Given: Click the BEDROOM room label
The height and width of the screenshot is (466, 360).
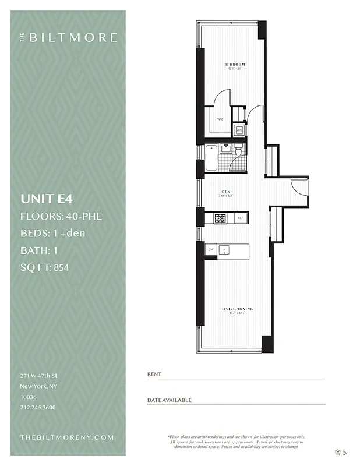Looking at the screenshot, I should click(236, 64).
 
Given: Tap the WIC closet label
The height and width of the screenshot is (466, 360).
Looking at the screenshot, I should click(220, 119).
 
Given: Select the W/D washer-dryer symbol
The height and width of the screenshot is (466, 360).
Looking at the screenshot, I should click(239, 130).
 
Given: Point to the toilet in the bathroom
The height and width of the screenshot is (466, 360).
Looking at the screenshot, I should click(239, 153).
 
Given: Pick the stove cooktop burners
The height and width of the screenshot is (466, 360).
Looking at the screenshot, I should click(221, 218).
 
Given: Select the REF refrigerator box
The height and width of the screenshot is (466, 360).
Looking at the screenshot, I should click(240, 218).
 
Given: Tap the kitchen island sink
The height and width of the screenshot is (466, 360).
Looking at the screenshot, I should click(227, 250).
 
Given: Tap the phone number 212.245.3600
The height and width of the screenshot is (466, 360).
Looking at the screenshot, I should click(38, 407).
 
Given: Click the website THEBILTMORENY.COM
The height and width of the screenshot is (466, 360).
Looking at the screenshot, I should click(67, 437).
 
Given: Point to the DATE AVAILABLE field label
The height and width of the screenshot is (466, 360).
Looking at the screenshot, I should click(169, 400).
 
